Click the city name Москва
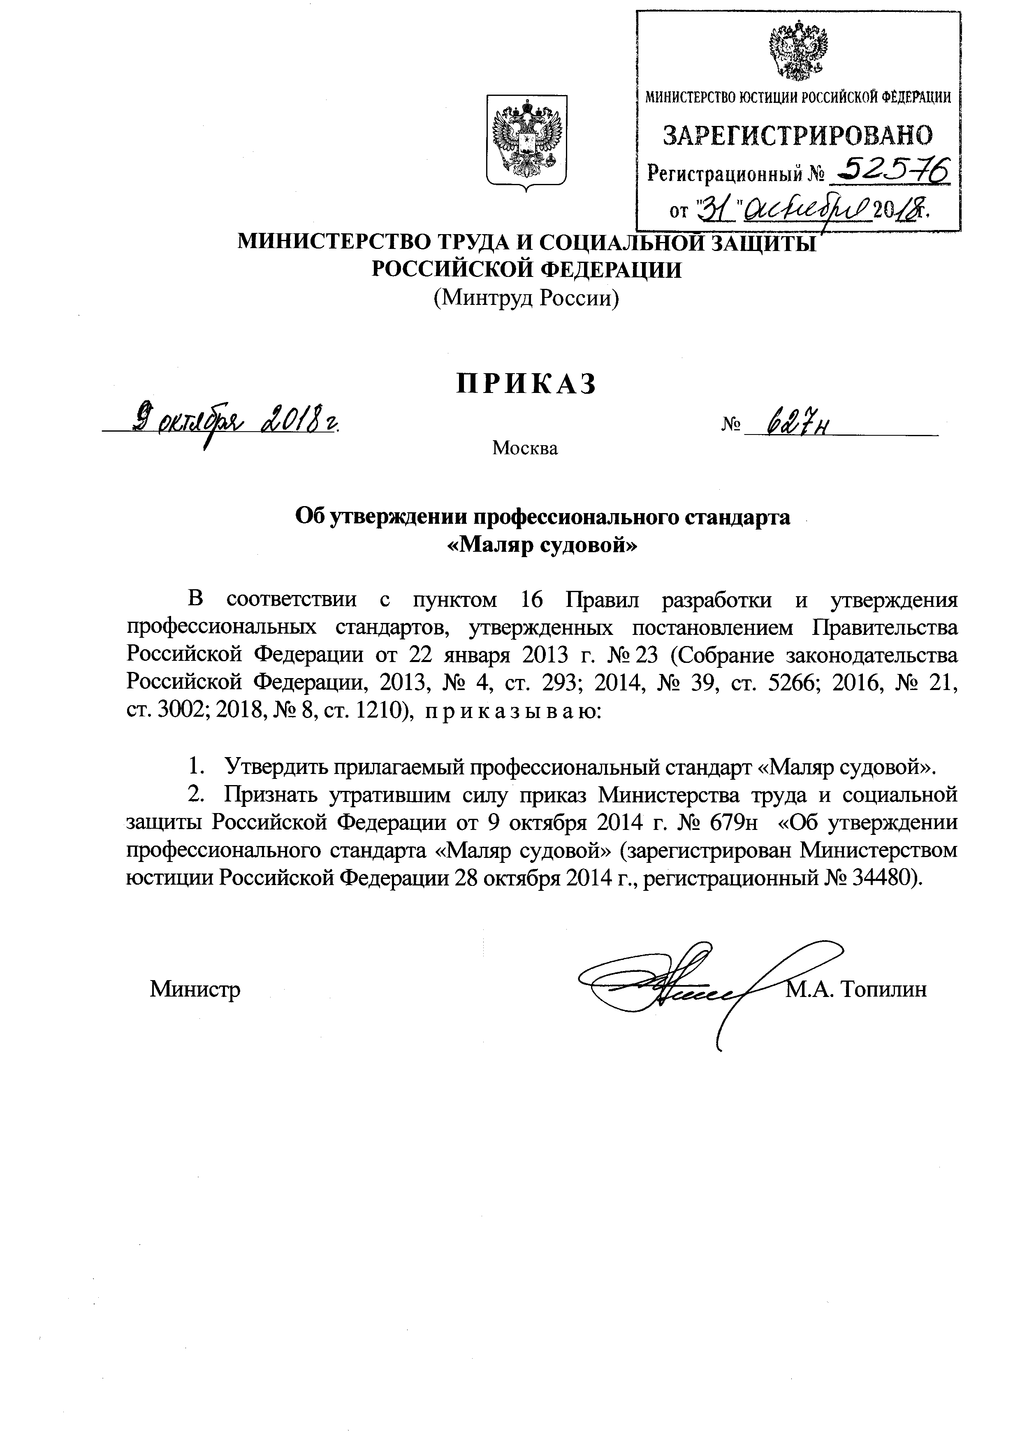click(x=525, y=448)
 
